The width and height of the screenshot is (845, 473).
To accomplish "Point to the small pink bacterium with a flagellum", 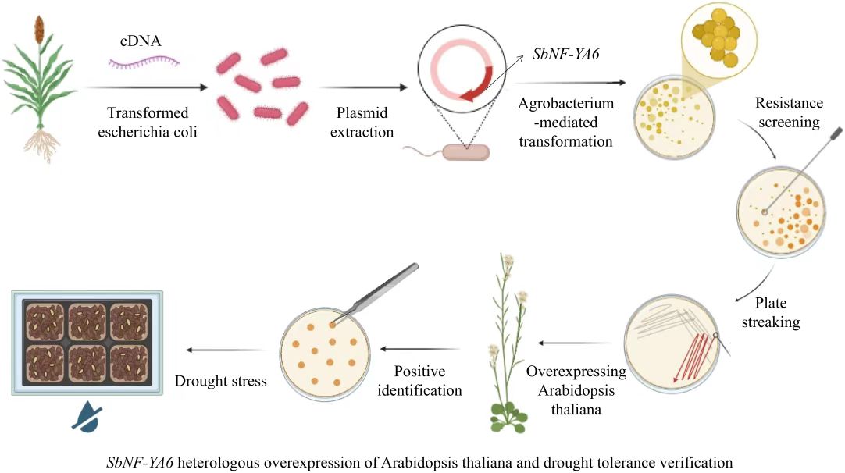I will pyautogui.click(x=467, y=151).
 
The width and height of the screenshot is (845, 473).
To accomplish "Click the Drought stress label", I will pyautogui.click(x=220, y=382).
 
